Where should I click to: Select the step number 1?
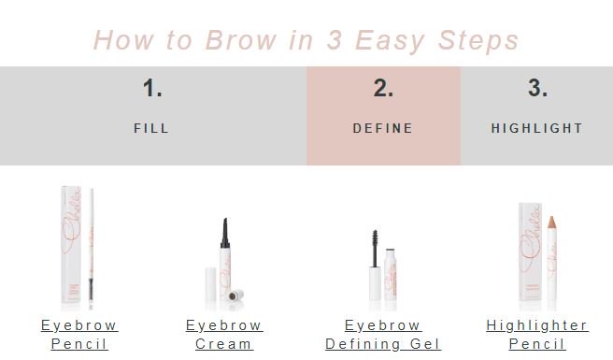(152, 89)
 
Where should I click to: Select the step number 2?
(383, 89)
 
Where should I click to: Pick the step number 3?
(537, 89)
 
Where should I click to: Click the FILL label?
(152, 128)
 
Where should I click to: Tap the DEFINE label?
(383, 128)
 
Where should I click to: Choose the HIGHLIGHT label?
(537, 128)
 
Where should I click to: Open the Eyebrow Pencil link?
(79, 335)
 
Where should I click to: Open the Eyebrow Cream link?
(224, 335)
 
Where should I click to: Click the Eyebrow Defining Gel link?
(383, 335)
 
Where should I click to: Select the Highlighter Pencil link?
(537, 335)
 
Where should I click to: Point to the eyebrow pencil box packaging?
(73, 248)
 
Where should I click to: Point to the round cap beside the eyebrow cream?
(237, 295)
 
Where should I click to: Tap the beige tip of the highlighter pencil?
(551, 225)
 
